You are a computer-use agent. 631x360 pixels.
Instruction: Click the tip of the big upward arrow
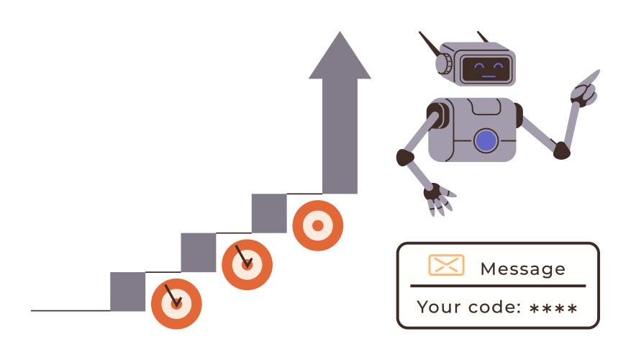pyautogui.click(x=340, y=32)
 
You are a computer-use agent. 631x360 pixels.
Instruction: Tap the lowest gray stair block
pyautogui.click(x=127, y=292)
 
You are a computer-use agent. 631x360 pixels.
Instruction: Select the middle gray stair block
pyautogui.click(x=199, y=253)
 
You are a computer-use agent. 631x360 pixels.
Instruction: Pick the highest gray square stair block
pyautogui.click(x=269, y=213)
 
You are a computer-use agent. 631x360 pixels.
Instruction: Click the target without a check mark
pyautogui.click(x=318, y=225)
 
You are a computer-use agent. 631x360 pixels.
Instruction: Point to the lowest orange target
pyautogui.click(x=176, y=304)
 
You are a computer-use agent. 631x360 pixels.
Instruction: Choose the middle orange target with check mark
pyautogui.click(x=247, y=264)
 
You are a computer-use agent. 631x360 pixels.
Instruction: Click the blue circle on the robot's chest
pyautogui.click(x=486, y=141)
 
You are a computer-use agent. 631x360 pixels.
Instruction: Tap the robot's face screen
pyautogui.click(x=486, y=69)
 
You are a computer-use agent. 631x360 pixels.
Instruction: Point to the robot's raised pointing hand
pyautogui.click(x=586, y=88)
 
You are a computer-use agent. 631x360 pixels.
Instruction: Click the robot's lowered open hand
pyautogui.click(x=439, y=199)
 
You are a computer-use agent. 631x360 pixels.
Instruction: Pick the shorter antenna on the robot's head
pyautogui.click(x=483, y=37)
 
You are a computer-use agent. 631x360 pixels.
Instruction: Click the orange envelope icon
pyautogui.click(x=446, y=265)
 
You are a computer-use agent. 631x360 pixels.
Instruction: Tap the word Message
pyautogui.click(x=523, y=269)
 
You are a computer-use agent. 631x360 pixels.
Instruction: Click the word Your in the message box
pyautogui.click(x=439, y=307)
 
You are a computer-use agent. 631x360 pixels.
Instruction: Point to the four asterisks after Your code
pyautogui.click(x=553, y=309)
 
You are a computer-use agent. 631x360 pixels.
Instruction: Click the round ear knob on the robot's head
pyautogui.click(x=443, y=63)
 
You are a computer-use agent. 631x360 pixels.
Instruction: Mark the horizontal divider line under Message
pyautogui.click(x=498, y=286)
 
